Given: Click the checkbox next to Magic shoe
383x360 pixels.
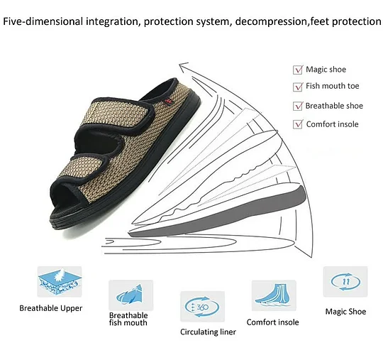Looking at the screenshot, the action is tap(298, 70).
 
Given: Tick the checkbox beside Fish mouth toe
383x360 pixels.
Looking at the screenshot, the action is tap(298, 87).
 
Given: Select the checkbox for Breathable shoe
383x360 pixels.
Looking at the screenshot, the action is tap(298, 106).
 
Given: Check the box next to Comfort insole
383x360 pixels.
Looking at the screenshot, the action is tap(298, 124).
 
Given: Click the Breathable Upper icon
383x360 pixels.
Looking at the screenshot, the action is tap(60, 282).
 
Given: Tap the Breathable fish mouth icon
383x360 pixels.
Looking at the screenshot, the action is tap(131, 295).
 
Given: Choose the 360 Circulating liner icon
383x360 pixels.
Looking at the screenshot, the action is tap(202, 307).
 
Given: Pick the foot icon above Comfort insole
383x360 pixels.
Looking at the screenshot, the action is tap(274, 295).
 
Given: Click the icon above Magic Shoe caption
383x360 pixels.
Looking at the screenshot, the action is tap(345, 281).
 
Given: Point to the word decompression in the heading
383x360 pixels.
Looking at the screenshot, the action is tap(271, 22).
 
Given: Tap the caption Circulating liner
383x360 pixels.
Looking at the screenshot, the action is tap(208, 332).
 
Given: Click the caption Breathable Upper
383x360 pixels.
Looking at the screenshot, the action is tap(51, 308).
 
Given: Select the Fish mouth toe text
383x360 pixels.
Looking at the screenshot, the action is tap(333, 86).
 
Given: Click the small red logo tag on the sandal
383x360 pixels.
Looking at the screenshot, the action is tap(168, 101).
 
